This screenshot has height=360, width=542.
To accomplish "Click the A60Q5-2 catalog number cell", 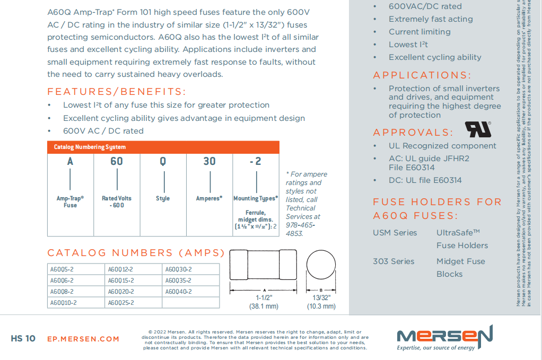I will point(62,269).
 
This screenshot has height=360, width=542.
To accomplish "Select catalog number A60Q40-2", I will point(178,292).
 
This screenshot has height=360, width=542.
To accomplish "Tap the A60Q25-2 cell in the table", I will point(121,303).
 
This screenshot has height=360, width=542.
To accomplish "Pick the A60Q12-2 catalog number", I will point(121,269).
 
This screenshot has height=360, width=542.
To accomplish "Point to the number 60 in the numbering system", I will point(117,161).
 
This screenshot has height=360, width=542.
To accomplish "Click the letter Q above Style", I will point(163,161).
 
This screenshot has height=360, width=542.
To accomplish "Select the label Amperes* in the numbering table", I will point(209,198).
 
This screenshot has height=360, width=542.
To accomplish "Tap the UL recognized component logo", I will point(478,129).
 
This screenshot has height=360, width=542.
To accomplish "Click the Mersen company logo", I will point(444,338).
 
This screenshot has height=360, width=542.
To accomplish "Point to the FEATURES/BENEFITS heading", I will point(117,91).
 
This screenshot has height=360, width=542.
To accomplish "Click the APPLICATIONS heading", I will point(422,75).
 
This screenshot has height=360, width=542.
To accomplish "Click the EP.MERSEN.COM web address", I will point(83,339).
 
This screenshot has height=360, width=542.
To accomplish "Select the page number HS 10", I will point(23,338).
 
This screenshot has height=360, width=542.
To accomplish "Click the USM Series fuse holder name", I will point(395,233).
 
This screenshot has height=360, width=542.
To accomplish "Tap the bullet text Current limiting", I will point(419,32).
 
